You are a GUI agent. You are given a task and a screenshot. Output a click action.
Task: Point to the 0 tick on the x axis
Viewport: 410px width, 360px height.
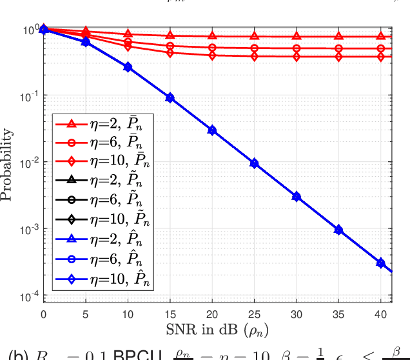[x=43, y=314]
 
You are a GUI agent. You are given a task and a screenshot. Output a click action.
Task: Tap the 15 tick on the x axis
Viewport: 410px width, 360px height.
[x=170, y=314]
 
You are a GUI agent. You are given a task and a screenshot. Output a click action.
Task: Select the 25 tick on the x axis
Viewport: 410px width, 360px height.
[x=254, y=314]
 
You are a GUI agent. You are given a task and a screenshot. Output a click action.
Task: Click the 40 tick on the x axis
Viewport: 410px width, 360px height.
[x=380, y=314]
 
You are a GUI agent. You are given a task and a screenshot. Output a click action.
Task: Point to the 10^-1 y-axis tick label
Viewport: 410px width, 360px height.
[x=29, y=96]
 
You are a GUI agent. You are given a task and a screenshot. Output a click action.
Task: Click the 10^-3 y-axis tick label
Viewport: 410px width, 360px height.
[x=29, y=230]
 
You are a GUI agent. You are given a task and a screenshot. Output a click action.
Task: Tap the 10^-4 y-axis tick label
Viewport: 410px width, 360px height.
[x=29, y=297]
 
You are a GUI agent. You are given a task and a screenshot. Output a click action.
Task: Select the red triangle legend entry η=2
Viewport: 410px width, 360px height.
[x=103, y=124]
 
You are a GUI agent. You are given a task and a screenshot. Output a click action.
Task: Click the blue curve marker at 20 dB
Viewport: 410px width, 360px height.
[x=211, y=130]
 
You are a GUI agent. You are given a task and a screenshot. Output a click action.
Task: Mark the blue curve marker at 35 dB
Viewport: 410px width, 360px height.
[x=338, y=230]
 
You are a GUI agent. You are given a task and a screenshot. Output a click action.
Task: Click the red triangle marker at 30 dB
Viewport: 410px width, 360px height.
[x=296, y=36]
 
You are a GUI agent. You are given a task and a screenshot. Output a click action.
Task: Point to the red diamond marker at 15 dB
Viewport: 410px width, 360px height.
[x=170, y=53]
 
